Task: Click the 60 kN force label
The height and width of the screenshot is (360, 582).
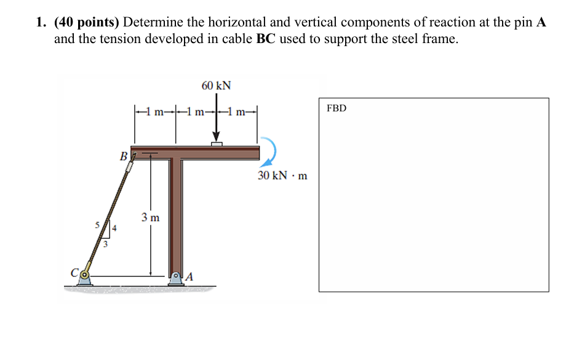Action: (216, 85)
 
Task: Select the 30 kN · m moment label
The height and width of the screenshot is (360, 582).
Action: (282, 176)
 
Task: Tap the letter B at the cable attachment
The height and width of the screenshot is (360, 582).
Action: (124, 157)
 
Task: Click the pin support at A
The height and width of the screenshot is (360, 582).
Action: (177, 278)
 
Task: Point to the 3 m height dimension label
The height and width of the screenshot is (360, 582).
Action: (150, 217)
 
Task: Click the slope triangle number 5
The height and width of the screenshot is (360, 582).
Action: (97, 226)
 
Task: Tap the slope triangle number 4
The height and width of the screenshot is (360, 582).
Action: (114, 230)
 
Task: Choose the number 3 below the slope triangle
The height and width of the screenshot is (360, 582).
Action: (105, 244)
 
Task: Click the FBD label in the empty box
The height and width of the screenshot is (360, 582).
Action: (337, 108)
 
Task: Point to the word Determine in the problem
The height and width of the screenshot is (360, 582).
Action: (154, 23)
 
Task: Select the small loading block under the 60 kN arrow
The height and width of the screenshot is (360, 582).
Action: (217, 144)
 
